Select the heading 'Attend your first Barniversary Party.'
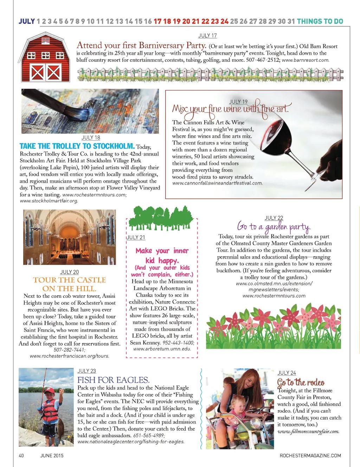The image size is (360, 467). click(141, 45)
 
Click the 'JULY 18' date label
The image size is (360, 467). click(91, 138)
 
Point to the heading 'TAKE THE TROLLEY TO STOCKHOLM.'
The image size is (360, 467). click(77, 146)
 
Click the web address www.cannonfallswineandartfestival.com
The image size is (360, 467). click(217, 183)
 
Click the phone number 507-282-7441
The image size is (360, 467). click(70, 350)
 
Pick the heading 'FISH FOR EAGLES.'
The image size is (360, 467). click(113, 380)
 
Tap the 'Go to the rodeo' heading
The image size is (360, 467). click(301, 382)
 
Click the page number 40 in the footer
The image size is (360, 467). click(21, 456)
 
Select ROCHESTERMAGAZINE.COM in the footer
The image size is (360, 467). click(310, 456)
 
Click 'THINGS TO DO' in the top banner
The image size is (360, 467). click(320, 21)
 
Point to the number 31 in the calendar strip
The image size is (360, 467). click(291, 21)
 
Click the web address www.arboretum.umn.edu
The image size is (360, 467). click(162, 349)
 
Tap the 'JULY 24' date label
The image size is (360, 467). click(287, 373)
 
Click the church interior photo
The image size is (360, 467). click(70, 237)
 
